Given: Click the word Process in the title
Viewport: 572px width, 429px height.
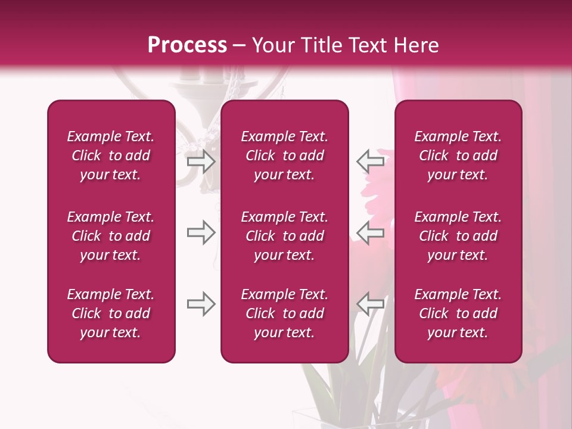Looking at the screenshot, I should tap(187, 45).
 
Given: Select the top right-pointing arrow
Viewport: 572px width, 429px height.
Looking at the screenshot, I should tap(201, 161).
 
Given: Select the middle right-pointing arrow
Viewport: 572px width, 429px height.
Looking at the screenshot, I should tap(201, 233).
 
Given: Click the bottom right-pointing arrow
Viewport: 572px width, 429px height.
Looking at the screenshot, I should tap(201, 304).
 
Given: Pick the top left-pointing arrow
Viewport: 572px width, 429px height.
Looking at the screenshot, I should tap(370, 161).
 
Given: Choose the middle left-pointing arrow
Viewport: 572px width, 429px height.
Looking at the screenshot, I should tap(370, 233).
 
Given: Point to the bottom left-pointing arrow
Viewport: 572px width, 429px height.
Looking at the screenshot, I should tap(370, 304).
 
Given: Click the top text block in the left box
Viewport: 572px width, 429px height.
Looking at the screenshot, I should tap(111, 156).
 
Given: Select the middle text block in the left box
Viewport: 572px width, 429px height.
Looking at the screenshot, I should tap(111, 236).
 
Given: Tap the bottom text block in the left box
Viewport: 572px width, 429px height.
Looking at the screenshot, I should tap(111, 313).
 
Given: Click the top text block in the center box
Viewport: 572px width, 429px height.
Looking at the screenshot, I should tap(284, 156).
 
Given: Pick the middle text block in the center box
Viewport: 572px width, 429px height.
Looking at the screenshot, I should tap(284, 236).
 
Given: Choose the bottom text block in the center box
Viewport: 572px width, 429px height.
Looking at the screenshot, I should tap(284, 313).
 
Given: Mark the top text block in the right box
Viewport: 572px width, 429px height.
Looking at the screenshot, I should tap(458, 156).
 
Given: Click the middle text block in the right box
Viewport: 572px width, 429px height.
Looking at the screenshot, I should tap(458, 236).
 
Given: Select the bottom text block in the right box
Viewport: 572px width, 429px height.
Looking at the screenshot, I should tap(458, 313).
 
